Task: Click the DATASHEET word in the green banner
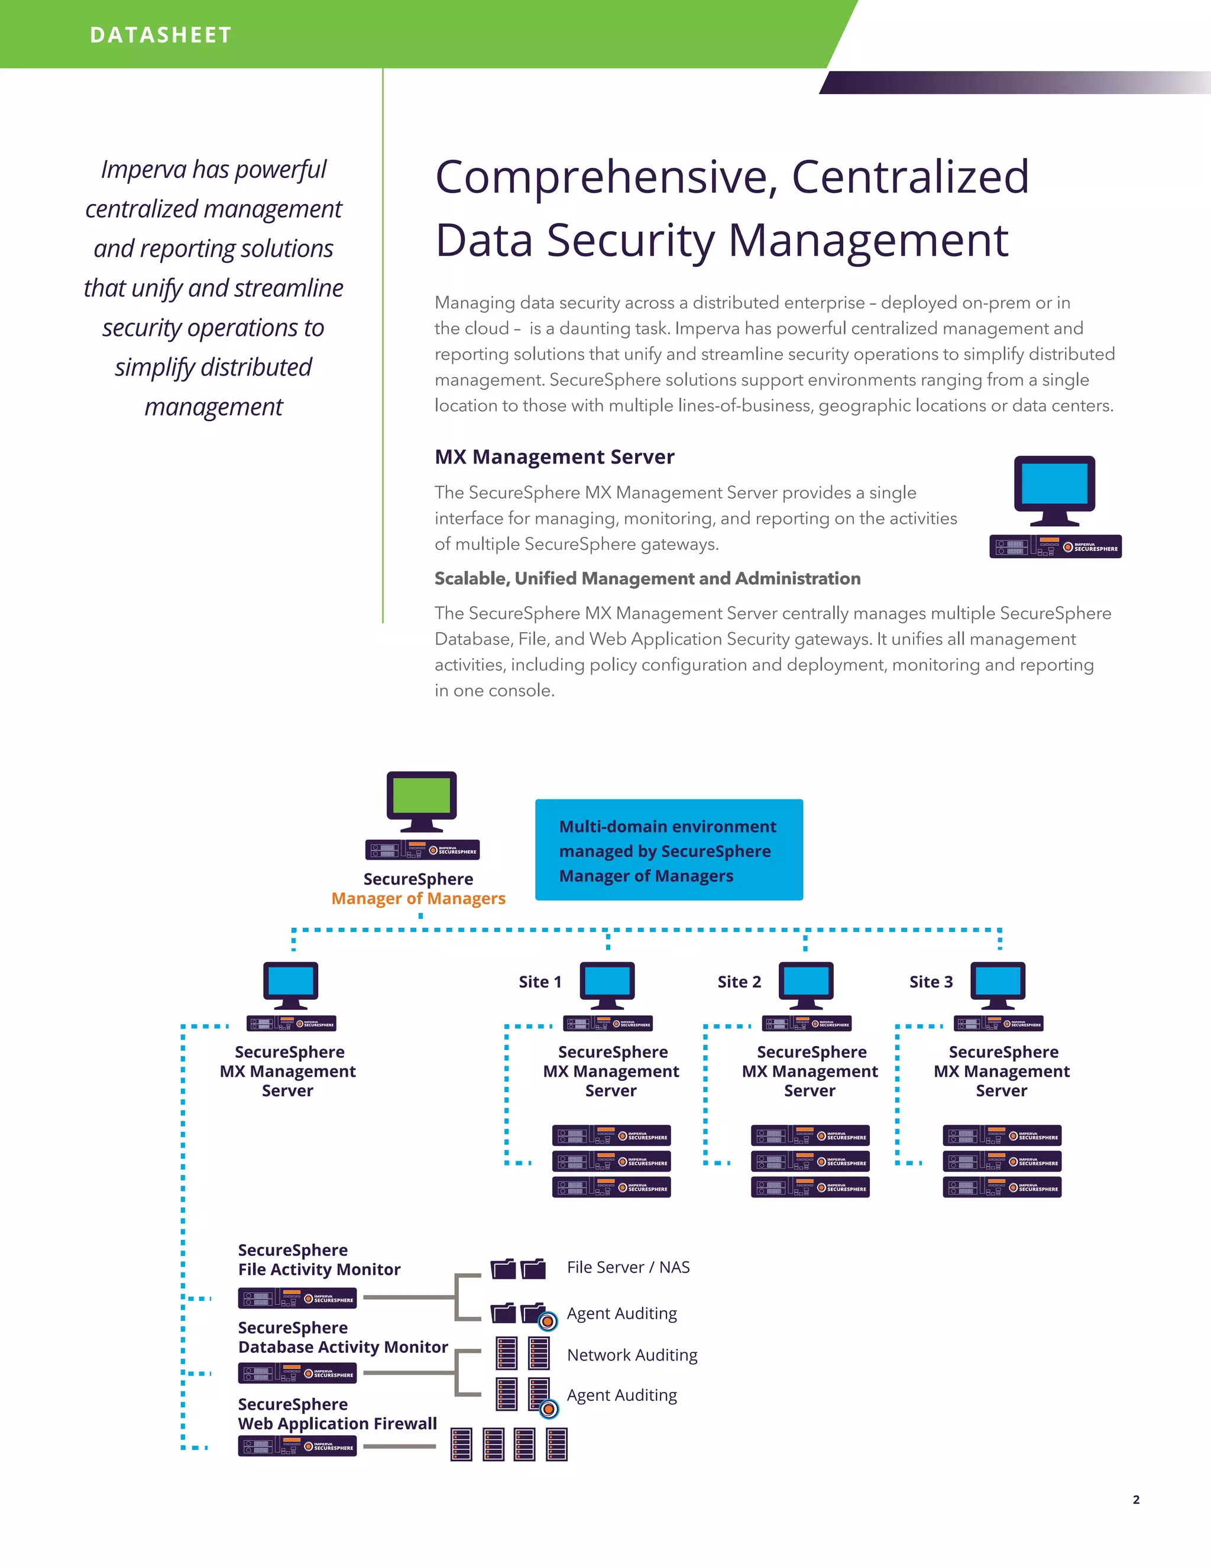coord(161,35)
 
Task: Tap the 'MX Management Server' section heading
coord(554,457)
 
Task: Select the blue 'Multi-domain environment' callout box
coord(669,850)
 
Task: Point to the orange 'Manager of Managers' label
coord(418,898)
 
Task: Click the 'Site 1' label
coord(539,982)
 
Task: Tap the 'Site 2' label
coord(739,982)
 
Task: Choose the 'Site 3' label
coord(931,982)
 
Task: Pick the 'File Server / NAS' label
coord(628,1267)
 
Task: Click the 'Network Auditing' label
coord(632,1355)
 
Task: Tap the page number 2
coord(1136,1500)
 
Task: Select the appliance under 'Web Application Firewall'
coord(297,1446)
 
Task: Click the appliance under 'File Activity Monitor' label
coord(297,1298)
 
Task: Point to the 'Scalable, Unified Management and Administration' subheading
coord(647,578)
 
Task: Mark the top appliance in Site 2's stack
coord(810,1135)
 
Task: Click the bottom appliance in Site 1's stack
coord(611,1187)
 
